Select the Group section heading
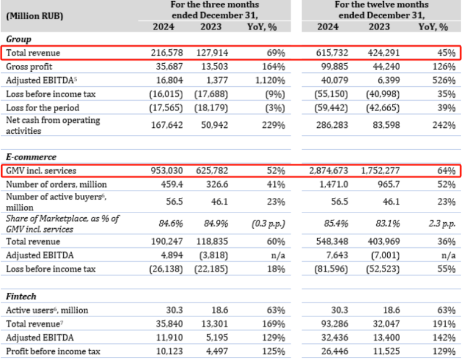click(x=19, y=39)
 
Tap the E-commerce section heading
click(x=31, y=157)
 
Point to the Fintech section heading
click(x=21, y=296)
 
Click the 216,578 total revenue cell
click(x=167, y=53)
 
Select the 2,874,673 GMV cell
click(x=336, y=171)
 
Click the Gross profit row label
click(x=30, y=66)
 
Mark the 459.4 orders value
click(x=171, y=185)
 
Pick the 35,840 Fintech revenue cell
click(x=170, y=324)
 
